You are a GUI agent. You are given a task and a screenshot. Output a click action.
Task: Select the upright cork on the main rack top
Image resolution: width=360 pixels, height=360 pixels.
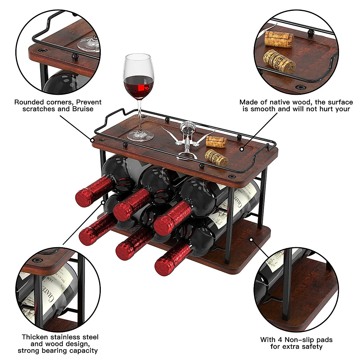point(216,142)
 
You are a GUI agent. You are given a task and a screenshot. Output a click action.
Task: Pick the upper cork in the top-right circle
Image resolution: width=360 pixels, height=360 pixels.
point(279,39)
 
